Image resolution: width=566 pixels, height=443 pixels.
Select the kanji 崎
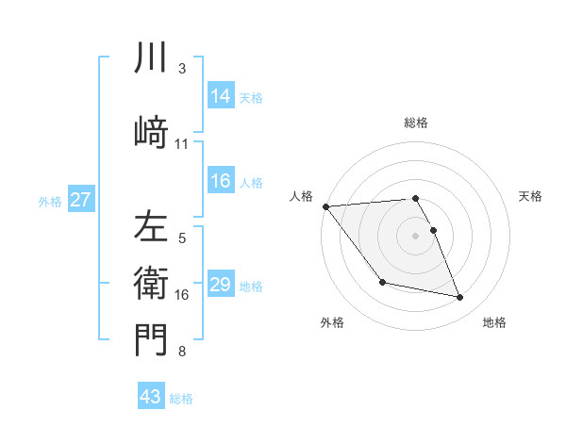(151, 132)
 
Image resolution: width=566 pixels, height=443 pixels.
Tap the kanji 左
(151, 226)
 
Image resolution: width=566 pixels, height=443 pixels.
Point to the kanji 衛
(151, 284)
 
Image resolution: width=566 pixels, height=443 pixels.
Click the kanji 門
(151, 339)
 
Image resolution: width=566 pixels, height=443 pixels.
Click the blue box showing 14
(221, 96)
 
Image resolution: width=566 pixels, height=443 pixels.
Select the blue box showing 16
(221, 182)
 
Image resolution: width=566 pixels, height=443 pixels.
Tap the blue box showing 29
(221, 285)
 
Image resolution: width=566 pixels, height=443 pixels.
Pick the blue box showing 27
(81, 200)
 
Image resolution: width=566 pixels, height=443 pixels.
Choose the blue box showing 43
(151, 397)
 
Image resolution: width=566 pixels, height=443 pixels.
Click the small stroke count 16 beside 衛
(182, 295)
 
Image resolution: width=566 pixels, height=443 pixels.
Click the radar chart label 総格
(416, 123)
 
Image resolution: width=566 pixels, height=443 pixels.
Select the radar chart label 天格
(531, 196)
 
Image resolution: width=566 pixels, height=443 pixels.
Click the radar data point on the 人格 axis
(325, 206)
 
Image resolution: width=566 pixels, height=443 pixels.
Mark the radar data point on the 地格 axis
(460, 298)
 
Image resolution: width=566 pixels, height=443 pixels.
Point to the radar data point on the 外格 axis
(382, 282)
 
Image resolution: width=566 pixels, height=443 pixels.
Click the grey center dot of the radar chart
(416, 236)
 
